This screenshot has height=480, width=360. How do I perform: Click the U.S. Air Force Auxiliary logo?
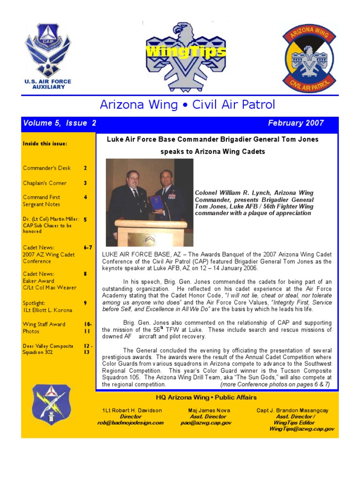tap(48, 56)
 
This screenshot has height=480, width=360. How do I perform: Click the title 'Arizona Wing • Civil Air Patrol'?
tap(187, 105)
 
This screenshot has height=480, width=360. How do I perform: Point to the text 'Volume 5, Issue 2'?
tap(60, 123)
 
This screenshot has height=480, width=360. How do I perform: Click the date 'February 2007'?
tap(296, 123)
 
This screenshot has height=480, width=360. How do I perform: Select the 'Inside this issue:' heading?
tap(45, 143)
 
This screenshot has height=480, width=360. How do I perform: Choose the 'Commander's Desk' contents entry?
tap(47, 168)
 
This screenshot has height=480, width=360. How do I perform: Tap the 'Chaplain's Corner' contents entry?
tap(45, 183)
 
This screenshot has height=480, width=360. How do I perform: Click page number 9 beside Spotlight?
tap(85, 303)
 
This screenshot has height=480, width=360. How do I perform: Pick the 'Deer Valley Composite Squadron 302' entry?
tap(48, 349)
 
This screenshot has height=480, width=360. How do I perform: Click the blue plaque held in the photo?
tap(157, 203)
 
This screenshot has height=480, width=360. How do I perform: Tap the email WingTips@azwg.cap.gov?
tap(302, 429)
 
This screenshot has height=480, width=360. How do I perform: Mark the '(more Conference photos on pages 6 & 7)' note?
tap(275, 384)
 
